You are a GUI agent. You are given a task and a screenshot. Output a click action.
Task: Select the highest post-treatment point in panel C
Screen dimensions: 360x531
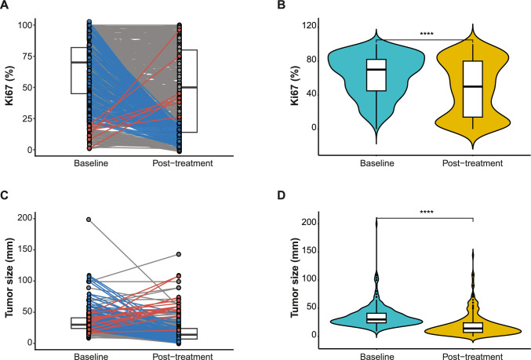click(x=179, y=255)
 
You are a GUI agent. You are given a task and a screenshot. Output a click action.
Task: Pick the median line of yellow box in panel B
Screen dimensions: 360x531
click(x=472, y=86)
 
